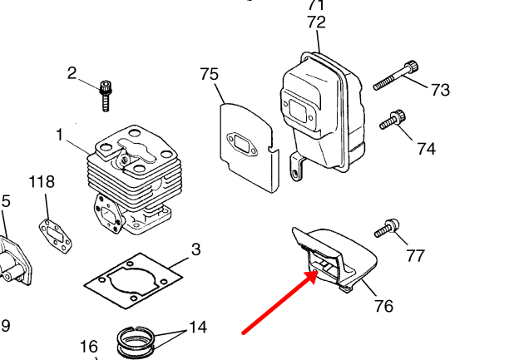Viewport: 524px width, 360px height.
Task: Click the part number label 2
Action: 72,72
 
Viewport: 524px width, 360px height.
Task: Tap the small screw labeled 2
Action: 106,94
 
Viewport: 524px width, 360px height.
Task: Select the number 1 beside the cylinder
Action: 60,134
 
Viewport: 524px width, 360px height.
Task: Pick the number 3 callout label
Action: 195,249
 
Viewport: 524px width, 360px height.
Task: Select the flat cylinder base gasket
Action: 133,282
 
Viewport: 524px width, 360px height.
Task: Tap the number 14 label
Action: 197,327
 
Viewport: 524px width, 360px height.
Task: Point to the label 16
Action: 89,347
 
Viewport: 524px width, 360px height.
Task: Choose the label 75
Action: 210,74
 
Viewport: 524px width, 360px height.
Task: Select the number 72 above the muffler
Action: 316,22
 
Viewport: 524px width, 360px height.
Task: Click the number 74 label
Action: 426,149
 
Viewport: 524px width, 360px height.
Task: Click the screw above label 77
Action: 387,227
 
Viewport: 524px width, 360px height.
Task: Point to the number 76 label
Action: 383,305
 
